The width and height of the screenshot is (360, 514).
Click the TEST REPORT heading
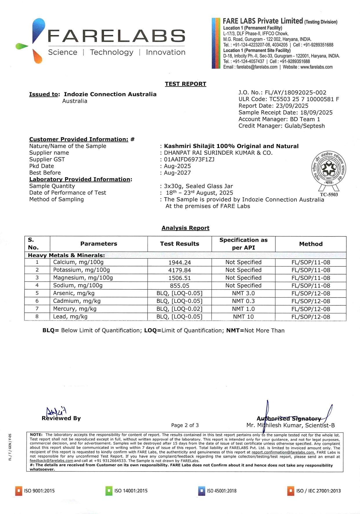click(186, 84)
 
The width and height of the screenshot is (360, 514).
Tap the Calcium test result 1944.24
click(179, 262)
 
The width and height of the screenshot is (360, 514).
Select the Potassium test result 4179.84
click(179, 270)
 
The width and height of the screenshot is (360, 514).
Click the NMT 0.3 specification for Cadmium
click(243, 301)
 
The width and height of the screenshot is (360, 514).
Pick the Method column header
click(311, 244)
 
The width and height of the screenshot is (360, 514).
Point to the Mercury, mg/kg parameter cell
click(75, 309)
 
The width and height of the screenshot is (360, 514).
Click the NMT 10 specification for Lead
click(243, 317)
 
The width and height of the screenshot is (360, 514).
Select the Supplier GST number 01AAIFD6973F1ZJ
click(189, 160)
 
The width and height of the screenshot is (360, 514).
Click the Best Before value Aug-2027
click(177, 173)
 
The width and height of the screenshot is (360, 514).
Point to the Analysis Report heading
click(186, 228)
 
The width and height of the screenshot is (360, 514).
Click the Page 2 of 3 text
click(185, 425)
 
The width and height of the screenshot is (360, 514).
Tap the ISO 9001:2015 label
click(39, 491)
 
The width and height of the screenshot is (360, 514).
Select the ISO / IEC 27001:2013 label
click(318, 491)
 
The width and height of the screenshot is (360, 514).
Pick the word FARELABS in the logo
click(116, 36)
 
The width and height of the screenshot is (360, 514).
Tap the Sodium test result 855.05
click(179, 286)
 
